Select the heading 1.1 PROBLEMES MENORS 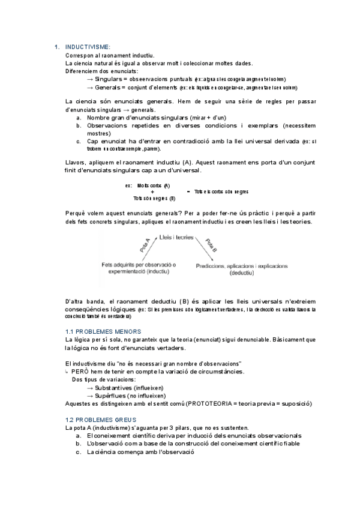[x=103, y=331]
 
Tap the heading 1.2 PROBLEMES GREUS [x=101, y=419]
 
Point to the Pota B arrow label [x=211, y=246]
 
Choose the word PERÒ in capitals [x=83, y=372]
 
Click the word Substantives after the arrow [x=115, y=388]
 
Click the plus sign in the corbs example [x=152, y=191]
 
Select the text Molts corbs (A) [x=154, y=185]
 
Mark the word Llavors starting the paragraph [x=76, y=163]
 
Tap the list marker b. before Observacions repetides [x=79, y=126]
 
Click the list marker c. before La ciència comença [x=79, y=452]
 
